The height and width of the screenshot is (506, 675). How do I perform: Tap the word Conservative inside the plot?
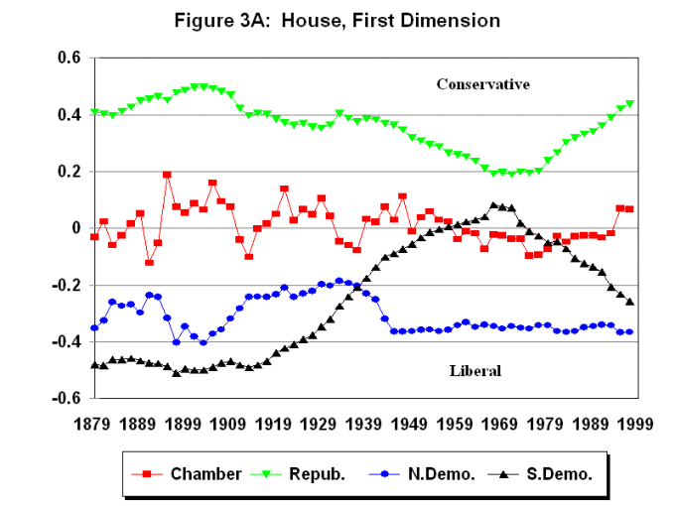(x=482, y=84)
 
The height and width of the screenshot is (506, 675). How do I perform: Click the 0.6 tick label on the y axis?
(x=67, y=59)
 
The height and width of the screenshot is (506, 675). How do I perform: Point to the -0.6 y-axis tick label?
(x=64, y=399)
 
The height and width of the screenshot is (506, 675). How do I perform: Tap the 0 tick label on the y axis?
(x=72, y=228)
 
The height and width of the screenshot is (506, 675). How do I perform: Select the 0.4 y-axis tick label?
(x=67, y=115)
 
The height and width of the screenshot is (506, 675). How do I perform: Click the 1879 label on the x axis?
(x=94, y=424)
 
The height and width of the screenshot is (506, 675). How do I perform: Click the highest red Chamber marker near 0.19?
(x=167, y=175)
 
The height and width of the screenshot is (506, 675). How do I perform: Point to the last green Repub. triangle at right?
(x=630, y=104)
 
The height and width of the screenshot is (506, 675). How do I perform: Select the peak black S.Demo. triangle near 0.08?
(x=493, y=205)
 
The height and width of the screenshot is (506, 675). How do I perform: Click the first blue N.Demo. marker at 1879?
(x=94, y=327)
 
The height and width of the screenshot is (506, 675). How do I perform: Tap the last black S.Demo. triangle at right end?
(x=630, y=302)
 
